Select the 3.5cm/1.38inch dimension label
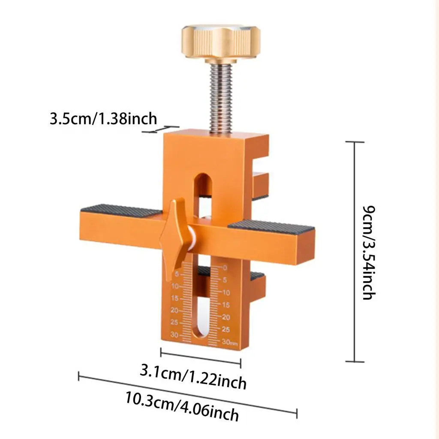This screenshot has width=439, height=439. coord(103,118)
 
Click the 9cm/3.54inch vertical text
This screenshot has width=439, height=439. coord(369,253)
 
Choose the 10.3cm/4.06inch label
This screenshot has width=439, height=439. coord(182,406)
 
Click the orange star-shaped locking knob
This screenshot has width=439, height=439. coord(172,234)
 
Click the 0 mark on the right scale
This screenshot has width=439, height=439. coord(225,268)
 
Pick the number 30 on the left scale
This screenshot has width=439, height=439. coord(174,335)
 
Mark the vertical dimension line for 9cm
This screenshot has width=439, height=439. coord(355,252)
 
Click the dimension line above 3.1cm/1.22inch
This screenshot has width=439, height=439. coord(201,358)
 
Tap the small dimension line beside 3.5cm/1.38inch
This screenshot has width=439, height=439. coord(162,129)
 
